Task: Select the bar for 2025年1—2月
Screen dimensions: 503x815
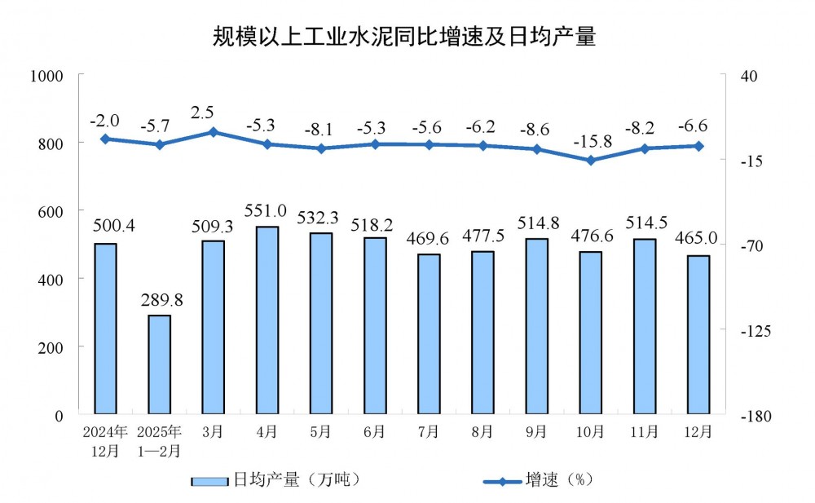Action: [x=159, y=364]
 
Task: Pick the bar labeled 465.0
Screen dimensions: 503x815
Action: [x=698, y=335]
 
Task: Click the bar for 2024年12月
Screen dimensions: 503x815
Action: [x=105, y=329]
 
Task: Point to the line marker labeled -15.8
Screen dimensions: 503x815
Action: [x=591, y=161]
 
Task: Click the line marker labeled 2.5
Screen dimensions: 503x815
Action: [x=213, y=131]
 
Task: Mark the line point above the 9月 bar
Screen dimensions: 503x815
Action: [x=537, y=149]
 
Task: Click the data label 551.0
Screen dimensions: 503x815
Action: [x=267, y=214]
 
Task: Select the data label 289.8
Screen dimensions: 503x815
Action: [x=160, y=301]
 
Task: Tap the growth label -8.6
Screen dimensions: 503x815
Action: [x=537, y=128]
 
